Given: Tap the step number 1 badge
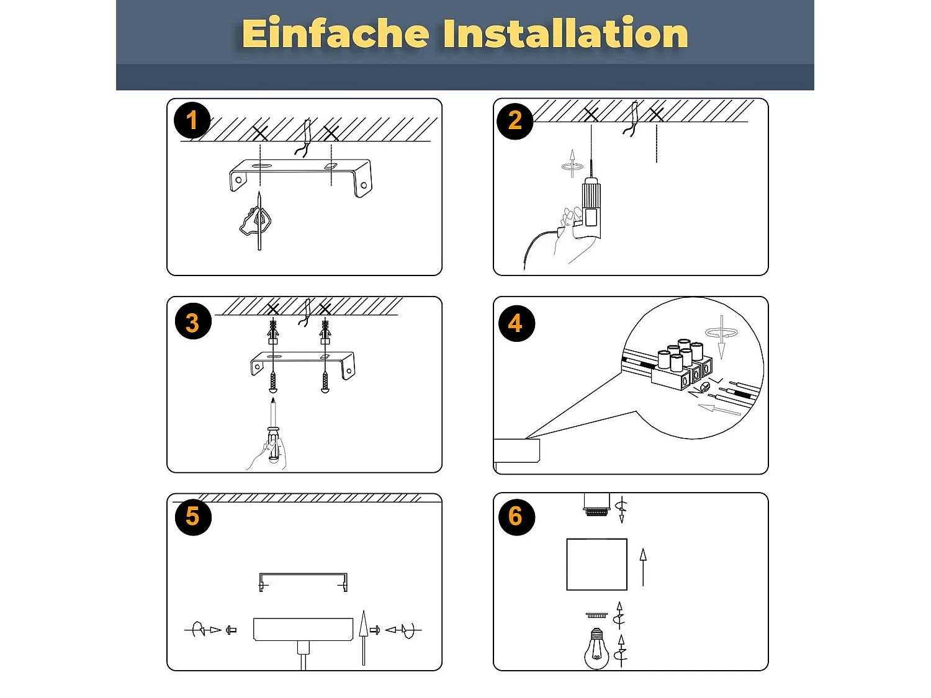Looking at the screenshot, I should [x=192, y=120].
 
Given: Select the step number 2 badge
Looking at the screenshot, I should [x=515, y=120].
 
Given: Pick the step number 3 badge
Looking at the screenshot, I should [x=192, y=323].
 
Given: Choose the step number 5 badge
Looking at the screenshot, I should [x=192, y=516].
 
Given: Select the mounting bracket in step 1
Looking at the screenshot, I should [x=301, y=174].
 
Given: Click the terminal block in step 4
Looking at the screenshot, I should [x=680, y=365].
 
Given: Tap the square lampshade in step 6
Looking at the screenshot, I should [x=596, y=564].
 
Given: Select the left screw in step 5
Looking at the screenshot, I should [x=232, y=630].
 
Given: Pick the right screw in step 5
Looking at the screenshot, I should [x=374, y=630].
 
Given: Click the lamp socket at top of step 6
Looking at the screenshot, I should [x=597, y=504].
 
